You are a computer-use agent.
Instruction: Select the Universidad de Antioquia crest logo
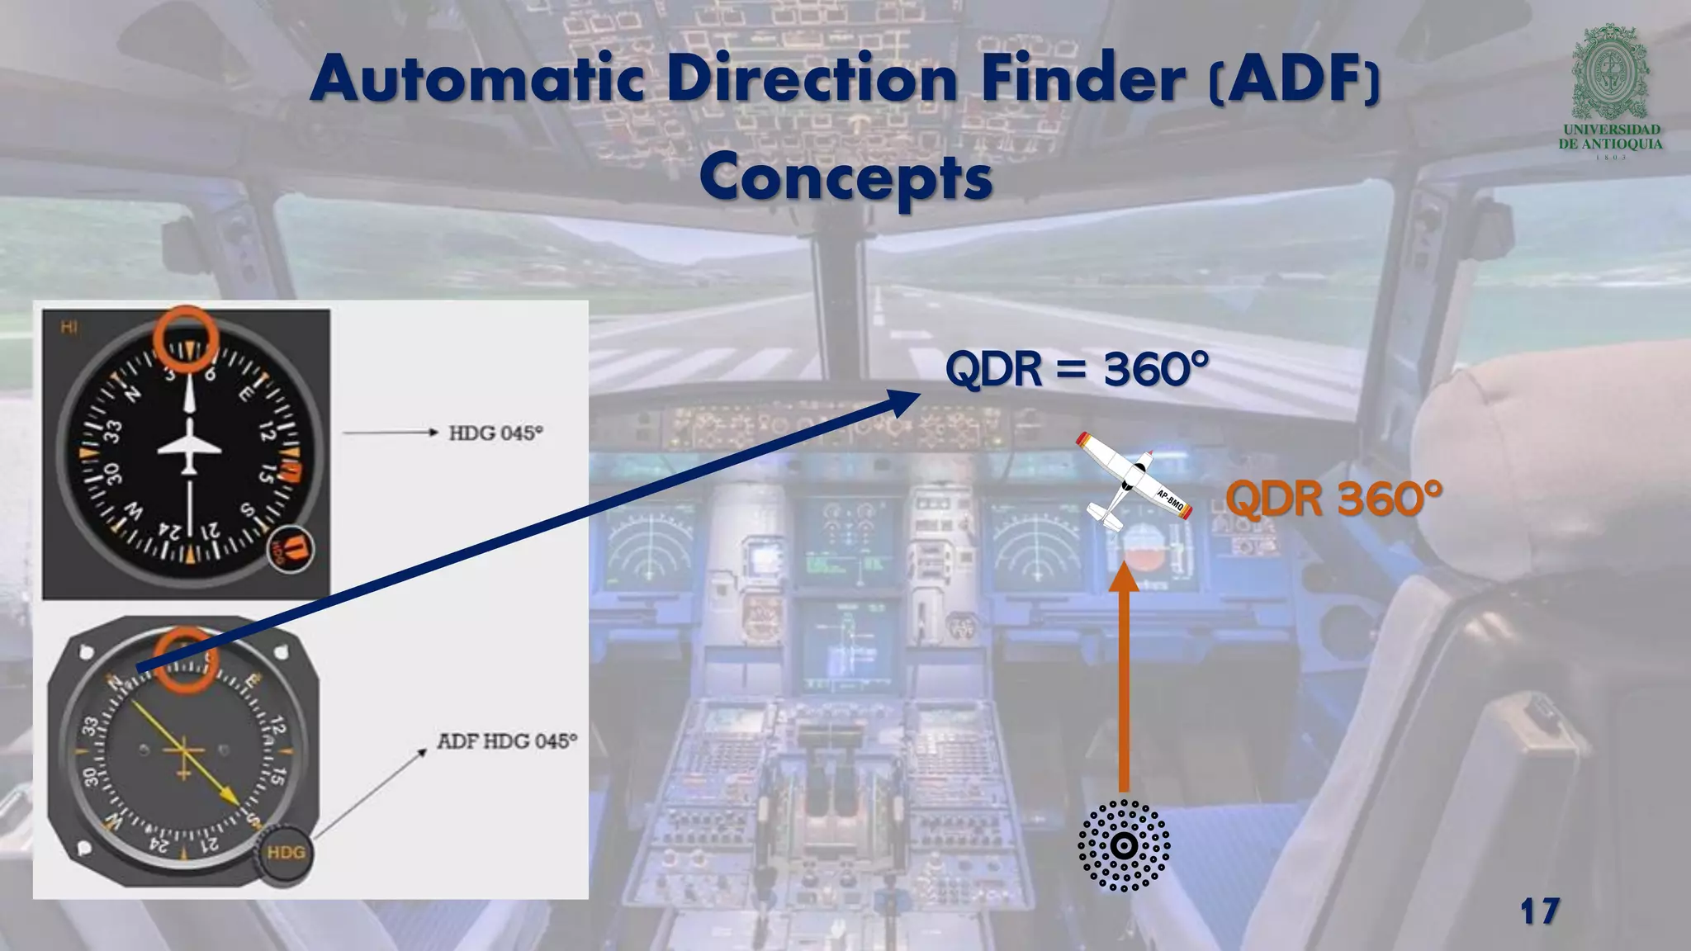tap(1609, 74)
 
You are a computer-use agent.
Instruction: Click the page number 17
tap(1539, 912)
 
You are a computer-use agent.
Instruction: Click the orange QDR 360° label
tap(1333, 498)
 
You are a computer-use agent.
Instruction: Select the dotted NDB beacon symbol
tap(1123, 845)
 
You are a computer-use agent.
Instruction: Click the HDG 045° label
tap(495, 433)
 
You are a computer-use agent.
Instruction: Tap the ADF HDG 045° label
tap(506, 740)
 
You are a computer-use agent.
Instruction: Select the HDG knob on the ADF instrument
tap(285, 853)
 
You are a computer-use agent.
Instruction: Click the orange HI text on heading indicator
tap(69, 328)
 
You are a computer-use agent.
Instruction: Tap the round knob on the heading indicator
tap(290, 549)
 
